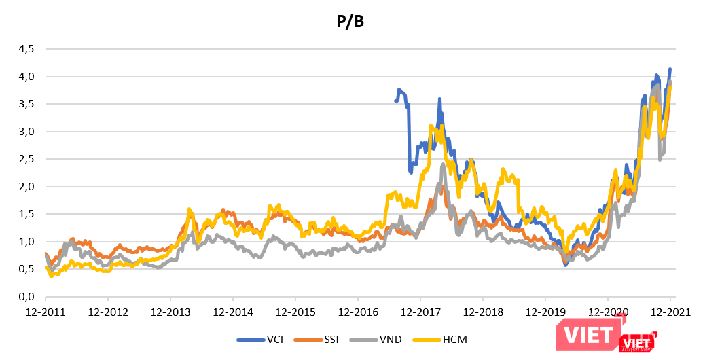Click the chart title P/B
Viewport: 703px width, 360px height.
(x=351, y=22)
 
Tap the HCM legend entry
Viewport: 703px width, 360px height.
(x=452, y=339)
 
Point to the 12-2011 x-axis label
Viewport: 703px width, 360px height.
(x=46, y=313)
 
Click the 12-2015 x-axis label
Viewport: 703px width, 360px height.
(x=295, y=313)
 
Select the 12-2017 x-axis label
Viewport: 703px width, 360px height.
(x=420, y=313)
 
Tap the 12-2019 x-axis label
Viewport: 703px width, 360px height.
(x=545, y=313)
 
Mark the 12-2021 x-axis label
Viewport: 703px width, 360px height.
(x=670, y=313)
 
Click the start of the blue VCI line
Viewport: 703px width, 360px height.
(x=395, y=101)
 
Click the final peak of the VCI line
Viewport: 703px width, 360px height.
(x=670, y=69)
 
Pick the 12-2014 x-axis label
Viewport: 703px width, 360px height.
(x=233, y=313)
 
